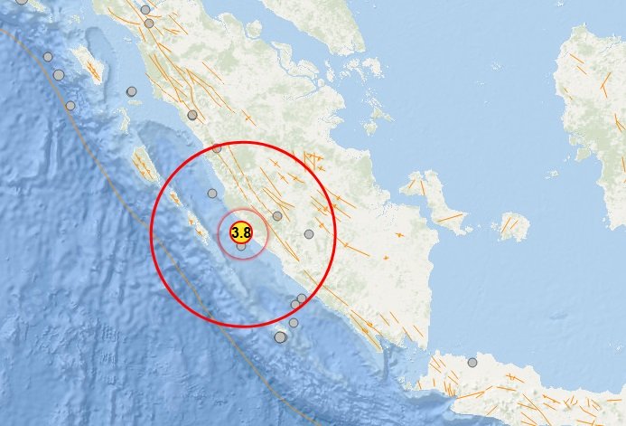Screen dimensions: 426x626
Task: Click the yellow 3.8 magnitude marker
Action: [x=242, y=232]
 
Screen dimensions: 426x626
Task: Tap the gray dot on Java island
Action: [x=472, y=362]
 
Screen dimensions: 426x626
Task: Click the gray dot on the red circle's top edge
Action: [x=217, y=148]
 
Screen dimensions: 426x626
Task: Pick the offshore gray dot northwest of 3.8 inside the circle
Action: [x=212, y=193]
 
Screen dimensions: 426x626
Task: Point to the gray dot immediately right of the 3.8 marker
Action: [x=277, y=216]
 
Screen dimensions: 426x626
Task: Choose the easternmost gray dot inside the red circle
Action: [x=309, y=234]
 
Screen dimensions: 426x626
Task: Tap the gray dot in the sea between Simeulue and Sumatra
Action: [x=131, y=91]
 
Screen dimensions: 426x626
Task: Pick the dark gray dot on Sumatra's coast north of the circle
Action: [x=192, y=115]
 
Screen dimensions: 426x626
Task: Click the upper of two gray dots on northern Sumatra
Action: [x=145, y=10]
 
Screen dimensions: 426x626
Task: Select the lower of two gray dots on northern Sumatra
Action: [x=150, y=24]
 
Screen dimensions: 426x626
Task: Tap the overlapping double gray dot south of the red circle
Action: [x=280, y=337]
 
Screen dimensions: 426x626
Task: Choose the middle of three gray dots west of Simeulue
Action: [x=59, y=75]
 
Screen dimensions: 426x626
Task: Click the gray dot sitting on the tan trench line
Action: [x=70, y=106]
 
